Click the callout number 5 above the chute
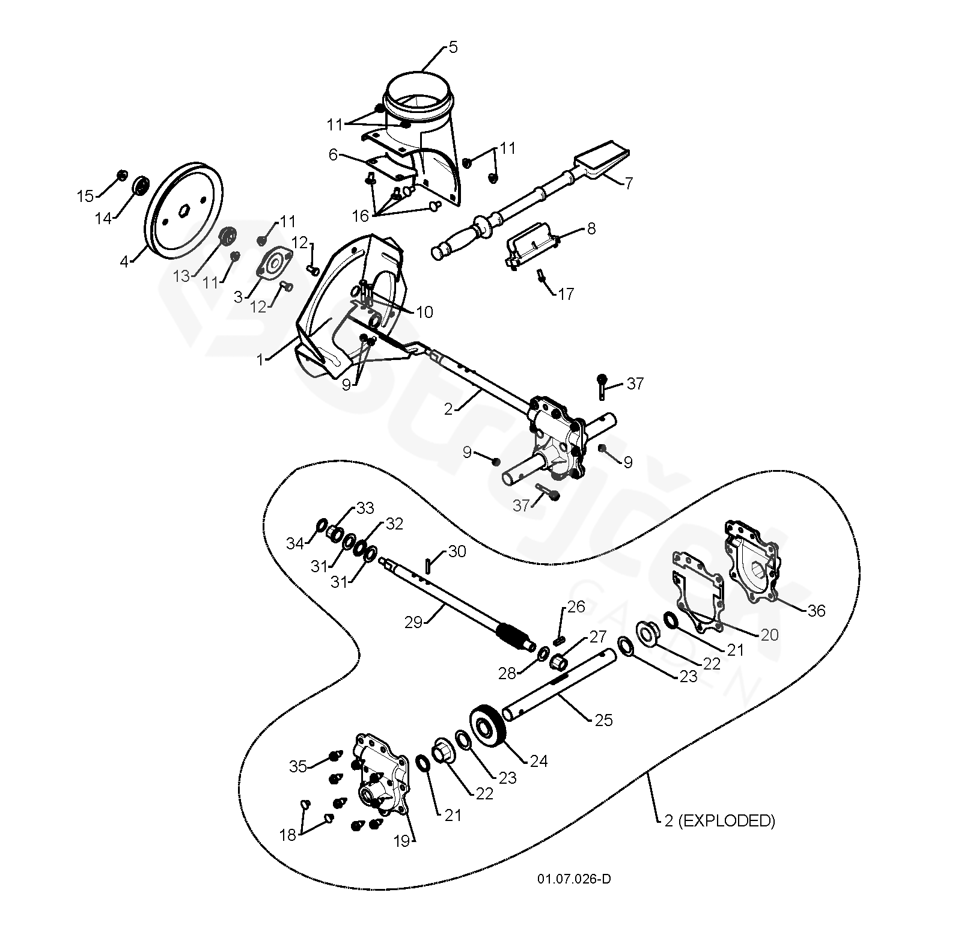click(453, 47)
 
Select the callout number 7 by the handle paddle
click(628, 183)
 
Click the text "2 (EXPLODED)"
click(719, 820)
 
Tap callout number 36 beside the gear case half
click(816, 611)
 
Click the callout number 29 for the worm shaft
click(413, 622)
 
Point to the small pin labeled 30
click(428, 566)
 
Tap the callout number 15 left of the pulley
click(85, 196)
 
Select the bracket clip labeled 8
click(529, 251)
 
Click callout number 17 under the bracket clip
click(566, 294)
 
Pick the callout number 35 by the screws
click(297, 766)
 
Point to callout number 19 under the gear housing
click(401, 841)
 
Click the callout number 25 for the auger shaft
click(603, 719)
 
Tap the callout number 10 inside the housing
click(424, 312)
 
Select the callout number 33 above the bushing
click(365, 508)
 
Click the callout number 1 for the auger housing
click(260, 359)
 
